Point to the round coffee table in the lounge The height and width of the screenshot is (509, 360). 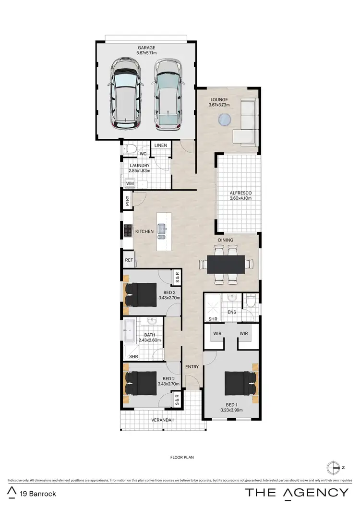[x=224, y=120]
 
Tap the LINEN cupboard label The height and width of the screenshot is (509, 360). [x=161, y=145]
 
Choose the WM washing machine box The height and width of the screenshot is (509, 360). [x=130, y=183]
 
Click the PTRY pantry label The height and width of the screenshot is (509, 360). [x=127, y=200]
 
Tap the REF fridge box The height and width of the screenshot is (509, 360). [x=129, y=260]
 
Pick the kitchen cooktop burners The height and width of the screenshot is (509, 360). [x=128, y=231]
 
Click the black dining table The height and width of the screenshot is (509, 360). [x=226, y=264]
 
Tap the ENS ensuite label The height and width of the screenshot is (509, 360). [x=232, y=312]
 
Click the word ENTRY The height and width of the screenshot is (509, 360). [x=192, y=367]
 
